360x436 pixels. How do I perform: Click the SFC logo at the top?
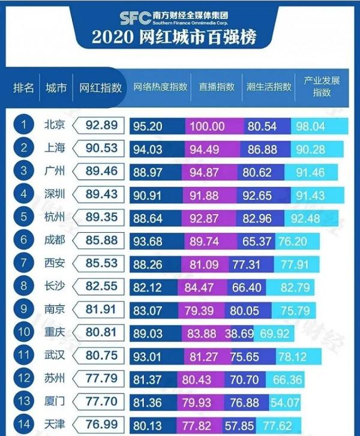pos(133,16)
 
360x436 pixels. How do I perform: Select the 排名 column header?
pos(23,88)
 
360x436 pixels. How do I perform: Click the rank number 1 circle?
pos(23,125)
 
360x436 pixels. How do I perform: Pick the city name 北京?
pos(56,125)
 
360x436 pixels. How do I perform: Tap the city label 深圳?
pos(56,193)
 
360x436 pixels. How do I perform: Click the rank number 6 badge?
pos(23,239)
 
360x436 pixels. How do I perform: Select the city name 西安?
pos(56,261)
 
